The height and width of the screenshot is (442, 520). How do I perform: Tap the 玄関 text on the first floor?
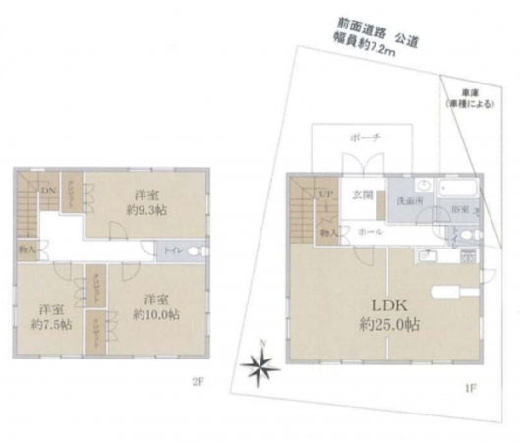click(363, 194)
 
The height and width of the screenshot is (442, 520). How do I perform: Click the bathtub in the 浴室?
click(457, 187)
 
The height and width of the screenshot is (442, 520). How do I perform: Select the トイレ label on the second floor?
click(174, 251)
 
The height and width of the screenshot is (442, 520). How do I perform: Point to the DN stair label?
click(48, 190)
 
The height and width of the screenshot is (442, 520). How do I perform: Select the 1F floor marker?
click(471, 388)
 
